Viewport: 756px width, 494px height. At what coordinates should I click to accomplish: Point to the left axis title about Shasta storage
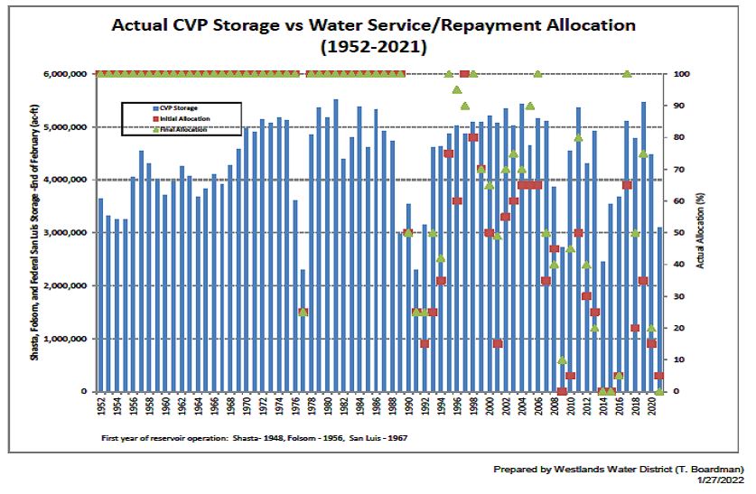[35, 233]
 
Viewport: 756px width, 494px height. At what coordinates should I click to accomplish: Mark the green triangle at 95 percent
[457, 90]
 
